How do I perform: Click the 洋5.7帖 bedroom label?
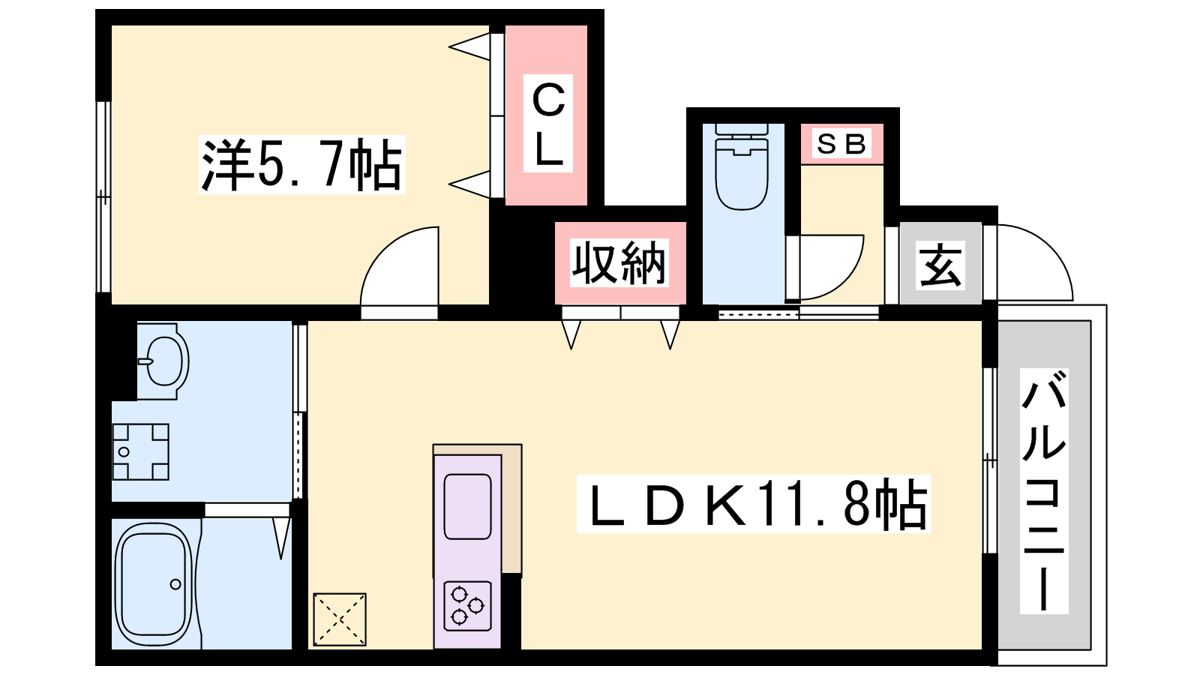(x=301, y=164)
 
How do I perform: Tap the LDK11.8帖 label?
(x=754, y=504)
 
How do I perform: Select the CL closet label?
(x=548, y=124)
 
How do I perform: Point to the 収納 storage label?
(x=619, y=263)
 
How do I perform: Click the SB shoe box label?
(x=841, y=143)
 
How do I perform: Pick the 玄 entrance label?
(x=940, y=265)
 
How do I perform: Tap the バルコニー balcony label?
(x=1044, y=490)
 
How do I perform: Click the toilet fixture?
(x=742, y=166)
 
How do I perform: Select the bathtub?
(x=154, y=584)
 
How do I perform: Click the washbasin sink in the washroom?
(x=164, y=361)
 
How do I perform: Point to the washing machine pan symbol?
(x=141, y=451)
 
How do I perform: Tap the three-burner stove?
(x=468, y=606)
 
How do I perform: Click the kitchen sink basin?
(x=468, y=506)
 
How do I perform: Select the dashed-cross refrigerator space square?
(x=340, y=619)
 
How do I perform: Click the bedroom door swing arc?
(x=400, y=266)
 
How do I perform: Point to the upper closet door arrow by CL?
(x=469, y=46)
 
